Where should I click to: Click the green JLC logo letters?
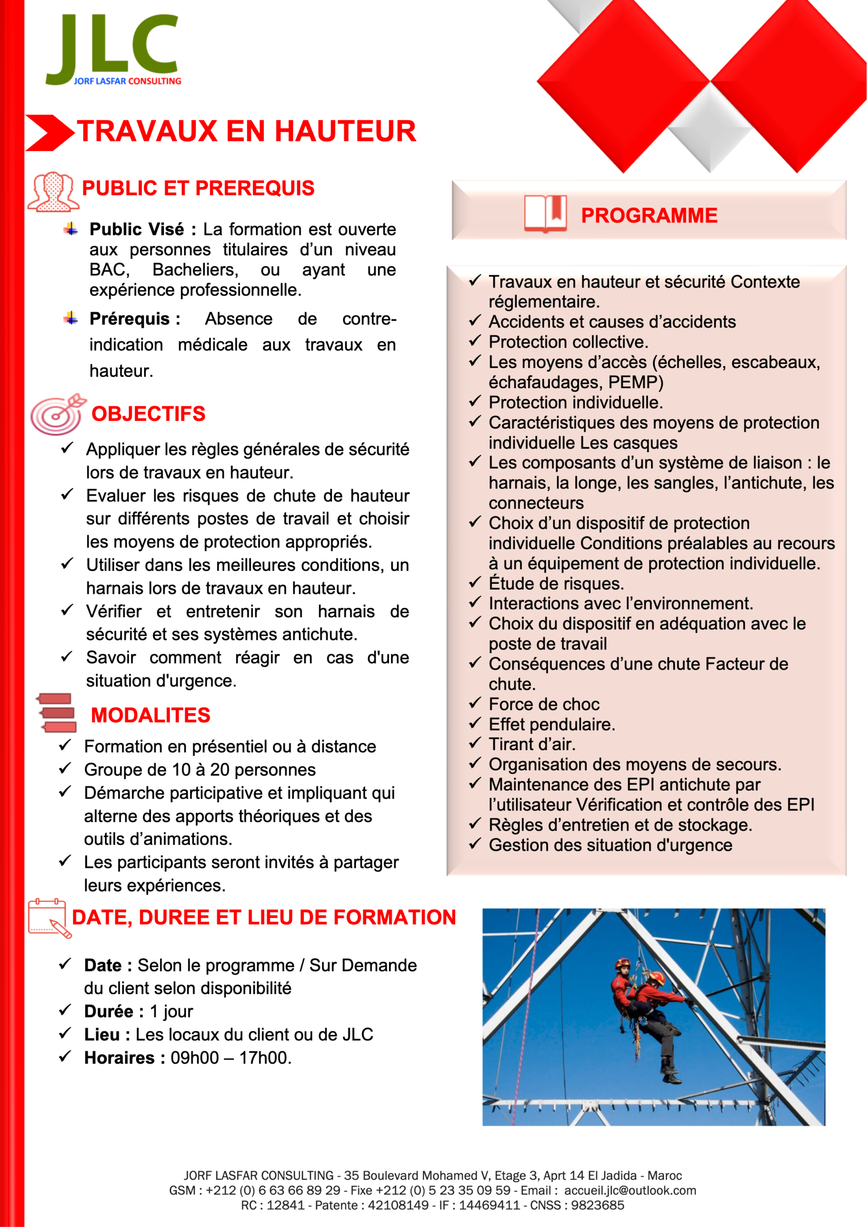point(112,46)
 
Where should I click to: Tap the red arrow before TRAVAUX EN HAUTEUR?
point(49,132)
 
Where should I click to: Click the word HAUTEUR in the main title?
point(345,131)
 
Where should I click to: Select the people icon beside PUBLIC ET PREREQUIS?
point(53,191)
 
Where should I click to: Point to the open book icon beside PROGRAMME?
point(545,214)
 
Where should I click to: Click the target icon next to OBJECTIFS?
point(57,414)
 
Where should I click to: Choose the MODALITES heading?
point(150,715)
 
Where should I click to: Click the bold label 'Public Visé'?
point(136,229)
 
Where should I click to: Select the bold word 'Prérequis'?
point(129,319)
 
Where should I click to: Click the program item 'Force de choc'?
point(544,705)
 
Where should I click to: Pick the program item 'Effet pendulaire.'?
point(551,725)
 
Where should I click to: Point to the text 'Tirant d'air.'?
point(532,744)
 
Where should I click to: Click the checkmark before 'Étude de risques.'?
point(475,582)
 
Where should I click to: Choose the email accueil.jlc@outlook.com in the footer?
point(630,1190)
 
